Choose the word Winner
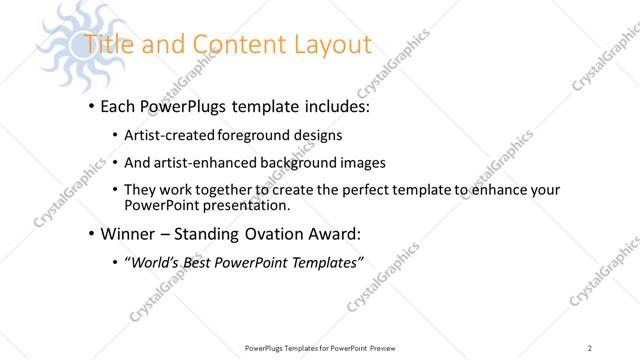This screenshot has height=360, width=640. point(129,235)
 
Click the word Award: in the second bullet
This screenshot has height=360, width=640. point(331,235)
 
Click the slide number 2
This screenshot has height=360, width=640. point(590,348)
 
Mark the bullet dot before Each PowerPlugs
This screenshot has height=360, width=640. point(91,106)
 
